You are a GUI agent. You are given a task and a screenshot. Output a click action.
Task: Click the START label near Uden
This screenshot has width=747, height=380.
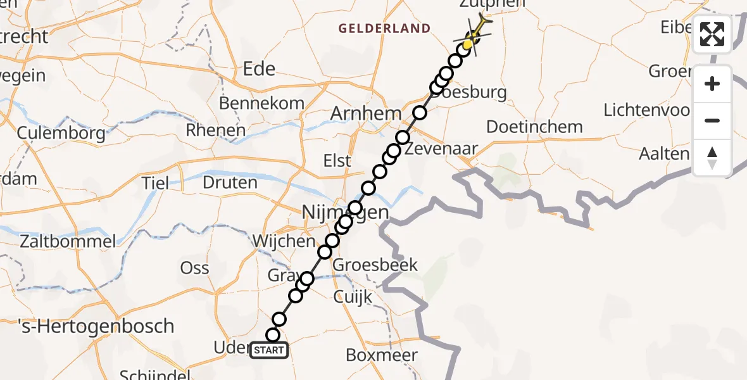pyautogui.click(x=269, y=350)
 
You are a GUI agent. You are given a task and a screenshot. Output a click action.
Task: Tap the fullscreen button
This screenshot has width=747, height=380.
pyautogui.click(x=712, y=34)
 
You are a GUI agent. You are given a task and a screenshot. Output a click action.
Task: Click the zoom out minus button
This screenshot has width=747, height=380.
pyautogui.click(x=712, y=120)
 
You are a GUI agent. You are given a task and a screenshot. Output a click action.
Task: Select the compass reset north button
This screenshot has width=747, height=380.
pyautogui.click(x=712, y=158)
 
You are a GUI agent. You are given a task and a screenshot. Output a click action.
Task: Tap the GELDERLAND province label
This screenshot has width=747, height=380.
pyautogui.click(x=384, y=28)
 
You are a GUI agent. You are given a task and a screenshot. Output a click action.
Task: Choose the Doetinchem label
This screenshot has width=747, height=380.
pyautogui.click(x=534, y=127)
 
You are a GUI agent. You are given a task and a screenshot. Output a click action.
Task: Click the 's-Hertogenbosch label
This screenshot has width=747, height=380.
pyautogui.click(x=87, y=326)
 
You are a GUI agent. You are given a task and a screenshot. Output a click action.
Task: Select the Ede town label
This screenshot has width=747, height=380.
pyautogui.click(x=260, y=68)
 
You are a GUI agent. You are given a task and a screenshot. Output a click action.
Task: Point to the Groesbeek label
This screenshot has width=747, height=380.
pyautogui.click(x=375, y=264)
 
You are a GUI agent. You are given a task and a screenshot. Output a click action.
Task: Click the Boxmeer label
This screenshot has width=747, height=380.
pyautogui.click(x=382, y=355)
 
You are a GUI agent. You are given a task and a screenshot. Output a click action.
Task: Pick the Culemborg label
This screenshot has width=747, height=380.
pyautogui.click(x=61, y=134)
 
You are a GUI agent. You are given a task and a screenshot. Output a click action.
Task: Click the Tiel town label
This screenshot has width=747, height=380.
pyautogui.click(x=155, y=183)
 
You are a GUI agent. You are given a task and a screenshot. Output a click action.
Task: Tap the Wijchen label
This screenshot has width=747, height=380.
pyautogui.click(x=283, y=241)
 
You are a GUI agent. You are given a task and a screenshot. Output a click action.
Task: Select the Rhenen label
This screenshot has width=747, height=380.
pyautogui.click(x=215, y=130)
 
